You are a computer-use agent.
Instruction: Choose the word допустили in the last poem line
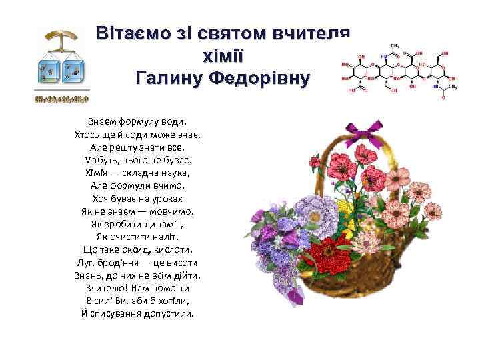[168, 313]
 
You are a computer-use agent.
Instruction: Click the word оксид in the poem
[139, 250]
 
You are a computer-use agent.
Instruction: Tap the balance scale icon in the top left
[60, 63]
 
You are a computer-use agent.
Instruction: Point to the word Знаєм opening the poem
[102, 122]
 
